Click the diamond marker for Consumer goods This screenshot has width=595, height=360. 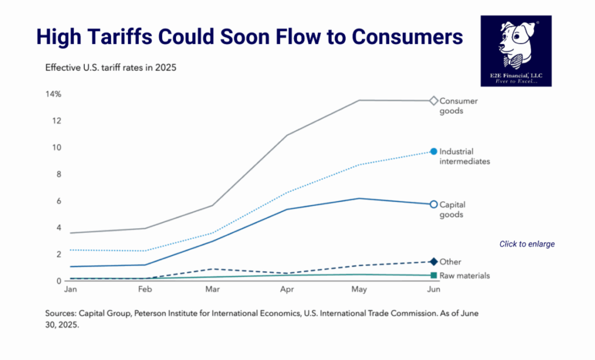(x=433, y=101)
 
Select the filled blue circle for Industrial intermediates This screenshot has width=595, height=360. (x=433, y=152)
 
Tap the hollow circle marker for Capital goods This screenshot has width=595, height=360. (x=433, y=204)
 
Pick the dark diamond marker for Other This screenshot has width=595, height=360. (x=433, y=262)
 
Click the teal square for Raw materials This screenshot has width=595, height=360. (x=433, y=276)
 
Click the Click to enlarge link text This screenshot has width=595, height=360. (x=527, y=244)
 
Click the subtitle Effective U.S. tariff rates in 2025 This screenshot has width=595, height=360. (x=110, y=67)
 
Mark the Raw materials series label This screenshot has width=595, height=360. (x=465, y=276)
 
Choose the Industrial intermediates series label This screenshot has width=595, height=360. (x=465, y=156)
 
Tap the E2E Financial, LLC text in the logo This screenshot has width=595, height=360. (x=516, y=75)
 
